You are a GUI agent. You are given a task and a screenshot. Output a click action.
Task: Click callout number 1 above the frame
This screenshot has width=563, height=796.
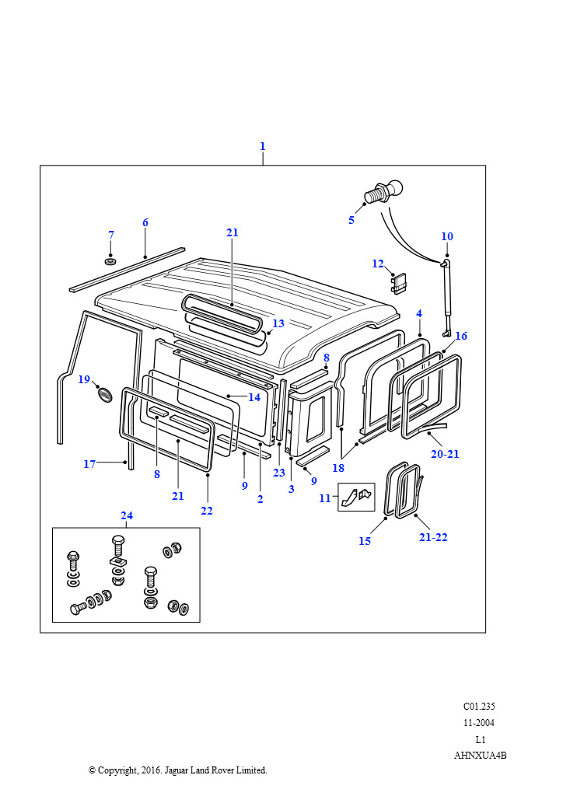[x=262, y=146]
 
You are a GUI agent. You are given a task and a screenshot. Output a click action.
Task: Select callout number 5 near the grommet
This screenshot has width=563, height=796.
[x=351, y=220]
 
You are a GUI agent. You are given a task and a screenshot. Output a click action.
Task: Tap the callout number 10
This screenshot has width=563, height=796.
[x=446, y=236]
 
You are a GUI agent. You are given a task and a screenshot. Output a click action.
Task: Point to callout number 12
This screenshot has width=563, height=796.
[x=377, y=264]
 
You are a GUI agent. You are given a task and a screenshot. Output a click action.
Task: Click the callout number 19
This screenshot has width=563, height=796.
[x=84, y=379]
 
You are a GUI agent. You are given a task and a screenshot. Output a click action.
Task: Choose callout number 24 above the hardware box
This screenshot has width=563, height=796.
[x=127, y=515]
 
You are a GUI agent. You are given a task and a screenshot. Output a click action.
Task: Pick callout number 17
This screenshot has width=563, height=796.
[x=89, y=464]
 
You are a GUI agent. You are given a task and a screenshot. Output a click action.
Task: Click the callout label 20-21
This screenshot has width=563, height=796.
[x=445, y=454]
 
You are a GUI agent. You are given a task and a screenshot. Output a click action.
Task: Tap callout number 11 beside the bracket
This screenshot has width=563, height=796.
[x=325, y=498]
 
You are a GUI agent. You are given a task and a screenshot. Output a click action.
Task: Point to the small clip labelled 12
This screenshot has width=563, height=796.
[x=399, y=285]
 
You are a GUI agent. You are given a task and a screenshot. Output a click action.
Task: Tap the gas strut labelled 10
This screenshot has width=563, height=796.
[x=447, y=299]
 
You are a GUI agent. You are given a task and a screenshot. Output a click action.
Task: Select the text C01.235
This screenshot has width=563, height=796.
[x=479, y=707]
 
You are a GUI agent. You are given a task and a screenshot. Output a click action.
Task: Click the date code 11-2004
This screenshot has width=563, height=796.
[x=479, y=723]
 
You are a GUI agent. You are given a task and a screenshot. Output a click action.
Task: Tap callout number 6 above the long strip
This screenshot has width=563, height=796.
[x=145, y=222]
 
